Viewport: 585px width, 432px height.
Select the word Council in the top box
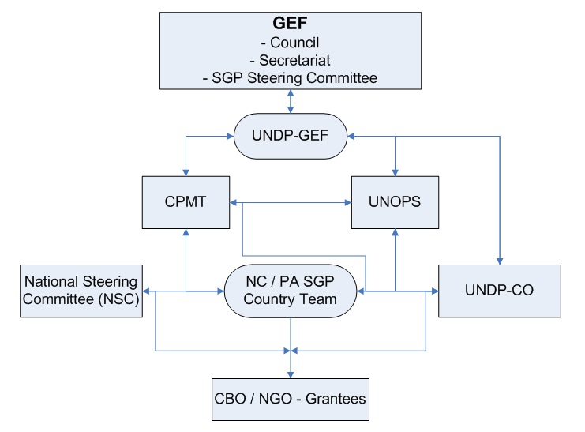tap(293, 43)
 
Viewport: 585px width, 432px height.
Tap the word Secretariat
tap(293, 61)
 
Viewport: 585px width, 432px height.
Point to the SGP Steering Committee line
tap(291, 77)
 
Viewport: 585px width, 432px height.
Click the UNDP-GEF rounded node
tap(291, 136)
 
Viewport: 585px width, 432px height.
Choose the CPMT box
tap(186, 201)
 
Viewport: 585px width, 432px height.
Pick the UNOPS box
tap(395, 201)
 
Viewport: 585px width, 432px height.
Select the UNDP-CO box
tap(500, 291)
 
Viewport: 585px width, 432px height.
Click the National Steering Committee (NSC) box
tap(81, 290)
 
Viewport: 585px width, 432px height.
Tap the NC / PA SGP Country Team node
tap(291, 291)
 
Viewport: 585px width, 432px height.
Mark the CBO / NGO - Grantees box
tap(291, 399)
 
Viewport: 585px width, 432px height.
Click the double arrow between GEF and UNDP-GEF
tap(291, 102)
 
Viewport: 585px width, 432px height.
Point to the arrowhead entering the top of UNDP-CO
tap(500, 261)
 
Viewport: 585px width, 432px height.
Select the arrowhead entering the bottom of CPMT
tap(186, 231)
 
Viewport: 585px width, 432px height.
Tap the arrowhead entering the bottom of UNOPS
tap(395, 231)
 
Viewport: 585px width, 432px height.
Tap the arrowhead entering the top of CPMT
tap(186, 172)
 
